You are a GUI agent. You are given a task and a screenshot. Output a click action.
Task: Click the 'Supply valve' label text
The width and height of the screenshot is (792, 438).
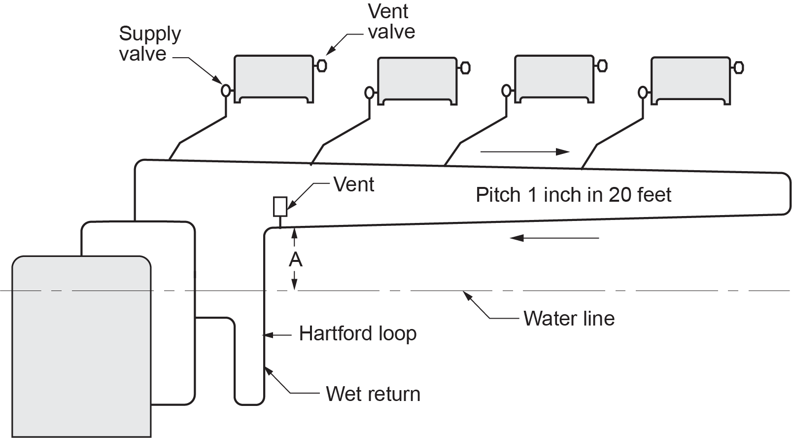(150, 43)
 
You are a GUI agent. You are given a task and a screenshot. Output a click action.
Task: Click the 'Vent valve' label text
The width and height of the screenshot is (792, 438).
(391, 21)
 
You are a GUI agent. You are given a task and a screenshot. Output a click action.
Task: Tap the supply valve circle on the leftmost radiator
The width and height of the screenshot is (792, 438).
(226, 90)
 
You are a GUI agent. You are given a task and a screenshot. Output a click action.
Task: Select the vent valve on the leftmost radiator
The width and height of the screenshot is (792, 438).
(321, 66)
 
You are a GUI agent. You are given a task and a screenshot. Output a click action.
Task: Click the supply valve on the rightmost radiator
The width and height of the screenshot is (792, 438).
(643, 92)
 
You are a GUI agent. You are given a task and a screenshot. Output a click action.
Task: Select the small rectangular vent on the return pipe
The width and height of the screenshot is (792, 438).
(280, 207)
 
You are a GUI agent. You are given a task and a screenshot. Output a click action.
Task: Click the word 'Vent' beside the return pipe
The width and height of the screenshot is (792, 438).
(354, 184)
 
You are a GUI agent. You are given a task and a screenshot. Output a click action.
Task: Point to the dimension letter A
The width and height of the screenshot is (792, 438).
(295, 259)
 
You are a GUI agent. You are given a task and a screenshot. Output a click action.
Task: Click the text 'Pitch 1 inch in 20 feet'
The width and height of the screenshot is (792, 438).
(573, 195)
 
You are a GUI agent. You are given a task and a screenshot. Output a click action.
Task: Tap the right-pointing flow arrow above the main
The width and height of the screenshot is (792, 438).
(525, 152)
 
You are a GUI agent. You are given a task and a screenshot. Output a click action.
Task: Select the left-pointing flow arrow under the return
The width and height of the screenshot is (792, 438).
(554, 238)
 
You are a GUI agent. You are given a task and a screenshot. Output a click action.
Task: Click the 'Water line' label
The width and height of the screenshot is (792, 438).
(569, 319)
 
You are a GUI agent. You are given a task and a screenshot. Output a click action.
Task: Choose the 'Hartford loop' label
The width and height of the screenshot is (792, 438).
(357, 333)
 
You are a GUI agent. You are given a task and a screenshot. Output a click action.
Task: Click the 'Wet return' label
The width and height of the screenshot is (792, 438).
(373, 394)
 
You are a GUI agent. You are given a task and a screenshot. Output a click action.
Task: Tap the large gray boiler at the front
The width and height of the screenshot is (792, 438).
(81, 345)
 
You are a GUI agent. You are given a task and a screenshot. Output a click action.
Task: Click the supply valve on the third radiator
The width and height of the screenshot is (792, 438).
(506, 91)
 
